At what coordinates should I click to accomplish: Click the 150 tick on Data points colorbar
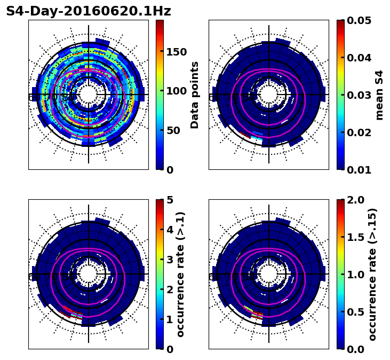[176, 52]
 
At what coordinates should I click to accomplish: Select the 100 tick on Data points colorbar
[176, 91]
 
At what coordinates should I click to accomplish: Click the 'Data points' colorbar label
[195, 95]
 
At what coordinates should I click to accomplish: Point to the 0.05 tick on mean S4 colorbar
[360, 20]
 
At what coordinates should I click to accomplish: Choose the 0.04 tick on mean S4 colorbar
[360, 58]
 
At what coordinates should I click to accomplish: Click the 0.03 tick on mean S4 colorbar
[360, 95]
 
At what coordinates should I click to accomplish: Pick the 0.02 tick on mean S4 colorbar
[360, 132]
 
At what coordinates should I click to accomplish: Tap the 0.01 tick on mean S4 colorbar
[360, 170]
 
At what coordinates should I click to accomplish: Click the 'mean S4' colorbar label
[379, 95]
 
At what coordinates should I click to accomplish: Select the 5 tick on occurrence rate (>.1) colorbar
[170, 200]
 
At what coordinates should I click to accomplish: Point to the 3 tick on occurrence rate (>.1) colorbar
[170, 260]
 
